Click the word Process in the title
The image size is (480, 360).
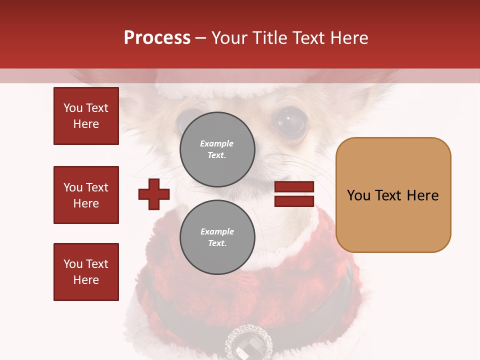157,38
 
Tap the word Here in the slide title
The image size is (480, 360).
348,38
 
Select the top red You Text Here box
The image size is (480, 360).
86,116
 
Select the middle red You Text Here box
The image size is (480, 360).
86,195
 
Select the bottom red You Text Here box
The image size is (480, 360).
86,272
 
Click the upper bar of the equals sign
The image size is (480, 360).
294,187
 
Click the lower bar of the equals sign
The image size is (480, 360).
294,201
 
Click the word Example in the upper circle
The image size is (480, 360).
217,143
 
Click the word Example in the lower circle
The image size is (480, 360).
217,231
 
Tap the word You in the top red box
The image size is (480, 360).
73,108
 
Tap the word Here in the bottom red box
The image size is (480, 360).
86,280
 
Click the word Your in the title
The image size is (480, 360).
229,38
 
